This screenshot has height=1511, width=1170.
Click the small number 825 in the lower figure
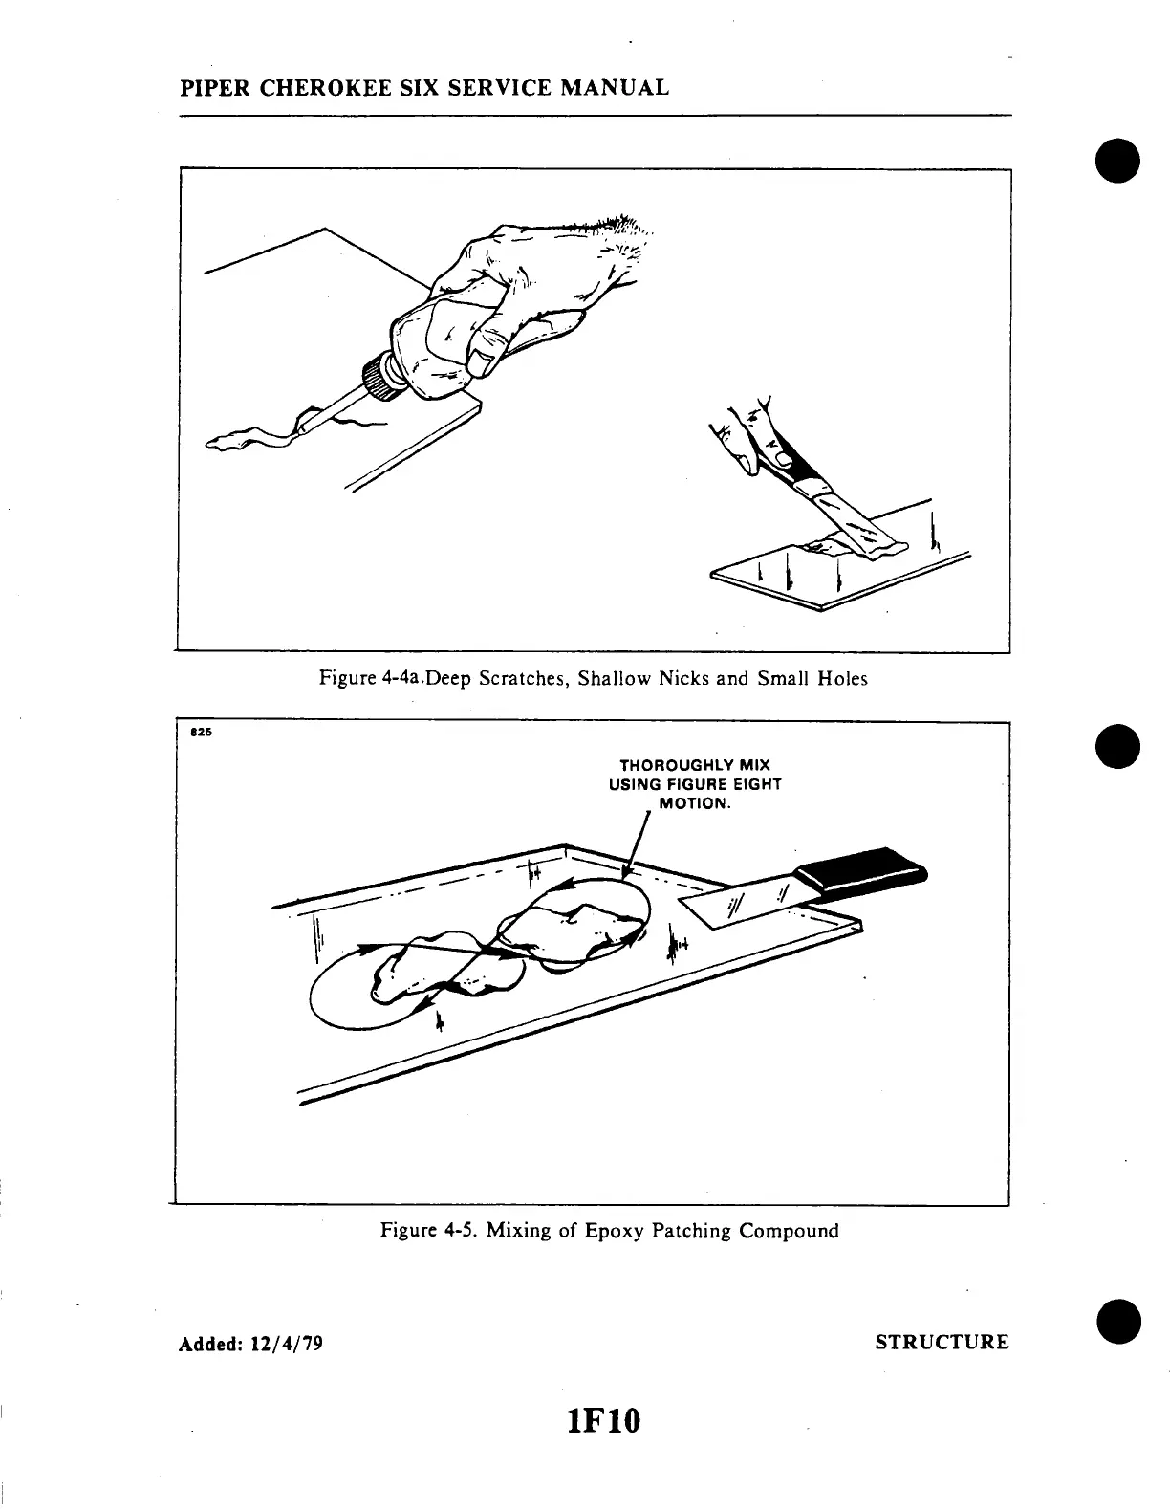199,734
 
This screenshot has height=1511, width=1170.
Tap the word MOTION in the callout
694,803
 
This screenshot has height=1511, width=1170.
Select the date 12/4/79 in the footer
286,1344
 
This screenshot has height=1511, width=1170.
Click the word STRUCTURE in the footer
942,1343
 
